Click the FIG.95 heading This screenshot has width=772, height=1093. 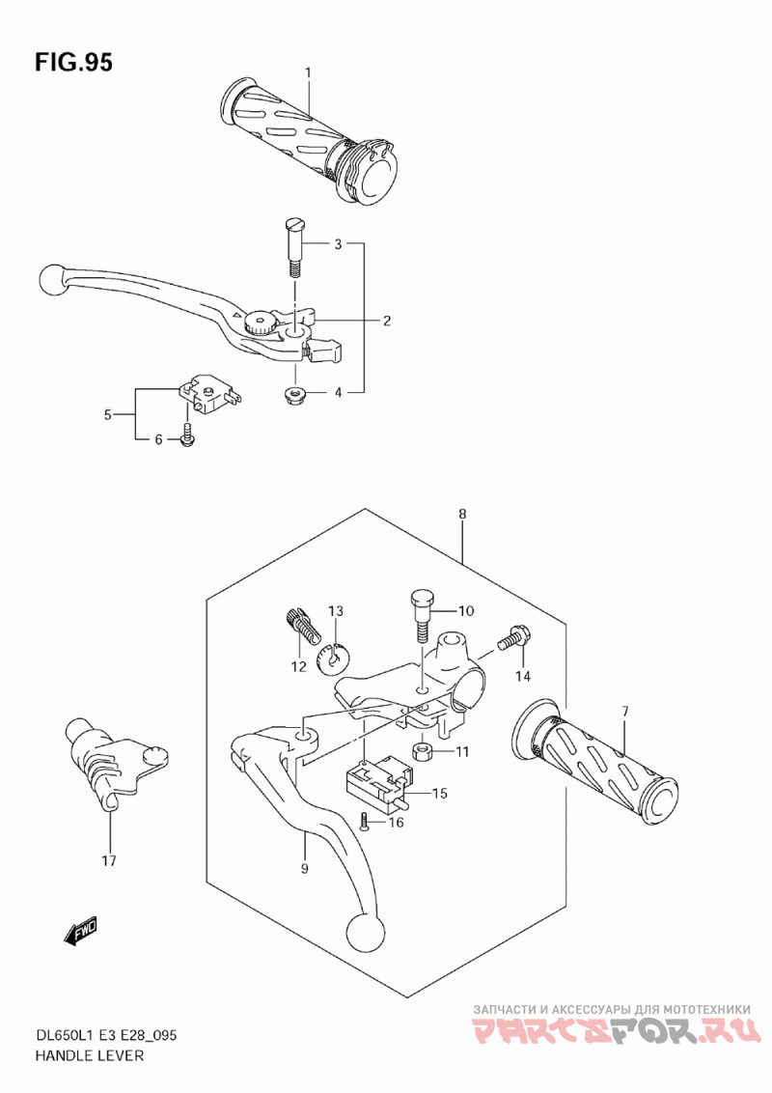[73, 64]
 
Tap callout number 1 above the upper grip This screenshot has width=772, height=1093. [309, 72]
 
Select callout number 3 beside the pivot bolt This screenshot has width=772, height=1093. [338, 244]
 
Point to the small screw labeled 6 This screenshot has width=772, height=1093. [188, 439]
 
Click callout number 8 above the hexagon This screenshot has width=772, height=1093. [462, 515]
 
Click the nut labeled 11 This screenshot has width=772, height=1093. [421, 751]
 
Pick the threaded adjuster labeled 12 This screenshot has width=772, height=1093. [303, 628]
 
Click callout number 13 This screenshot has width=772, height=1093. [336, 610]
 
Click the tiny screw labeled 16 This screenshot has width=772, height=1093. [364, 821]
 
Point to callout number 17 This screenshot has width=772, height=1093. [108, 860]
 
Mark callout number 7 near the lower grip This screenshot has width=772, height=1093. [624, 712]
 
